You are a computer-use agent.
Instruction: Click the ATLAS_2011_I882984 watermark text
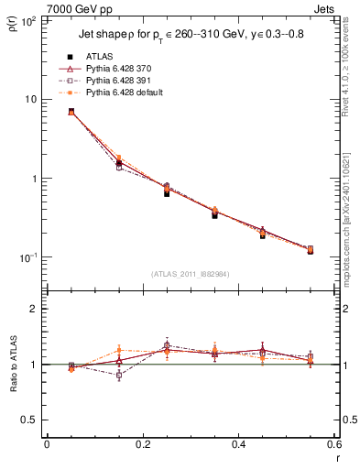(190, 274)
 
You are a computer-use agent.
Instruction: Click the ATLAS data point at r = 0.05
(71, 112)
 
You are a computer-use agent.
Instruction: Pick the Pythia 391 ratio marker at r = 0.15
(119, 376)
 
